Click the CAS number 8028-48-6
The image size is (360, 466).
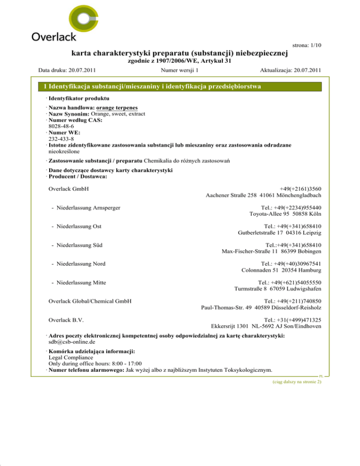tap(61, 126)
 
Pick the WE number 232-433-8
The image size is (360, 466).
tap(61, 139)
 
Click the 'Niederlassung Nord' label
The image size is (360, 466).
tap(80, 263)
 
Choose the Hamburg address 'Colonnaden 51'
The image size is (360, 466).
tap(281, 271)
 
